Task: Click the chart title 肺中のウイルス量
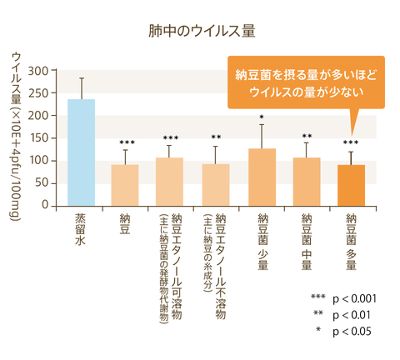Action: click(x=200, y=32)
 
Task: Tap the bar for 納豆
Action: click(x=125, y=185)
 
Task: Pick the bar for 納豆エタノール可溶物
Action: click(x=170, y=182)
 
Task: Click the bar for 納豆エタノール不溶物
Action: click(x=216, y=185)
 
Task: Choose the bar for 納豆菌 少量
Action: click(x=261, y=177)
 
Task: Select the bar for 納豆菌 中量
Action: click(x=307, y=182)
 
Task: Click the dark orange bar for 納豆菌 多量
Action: click(x=351, y=185)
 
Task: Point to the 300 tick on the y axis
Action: click(x=37, y=71)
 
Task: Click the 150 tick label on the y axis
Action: click(x=37, y=138)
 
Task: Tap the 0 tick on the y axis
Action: click(x=44, y=206)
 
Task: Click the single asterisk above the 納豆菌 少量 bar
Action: click(x=261, y=117)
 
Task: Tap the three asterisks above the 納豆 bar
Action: click(x=125, y=142)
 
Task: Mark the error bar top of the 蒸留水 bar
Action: click(x=81, y=78)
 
